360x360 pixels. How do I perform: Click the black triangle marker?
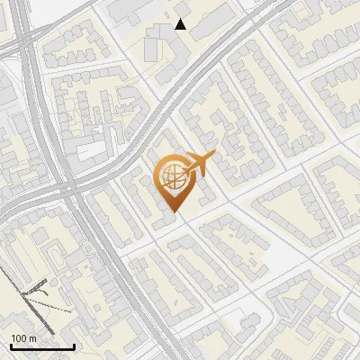click(181, 24)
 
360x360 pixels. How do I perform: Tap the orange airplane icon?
click(198, 165)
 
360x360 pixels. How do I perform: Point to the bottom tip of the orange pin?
click(171, 213)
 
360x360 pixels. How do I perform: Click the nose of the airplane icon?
click(213, 154)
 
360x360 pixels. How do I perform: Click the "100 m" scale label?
click(22, 338)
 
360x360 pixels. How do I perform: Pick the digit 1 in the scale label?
click(13, 338)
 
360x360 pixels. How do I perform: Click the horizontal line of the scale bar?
click(42, 347)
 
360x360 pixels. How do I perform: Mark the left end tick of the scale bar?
click(11, 346)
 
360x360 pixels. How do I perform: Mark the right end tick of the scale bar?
click(74, 346)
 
